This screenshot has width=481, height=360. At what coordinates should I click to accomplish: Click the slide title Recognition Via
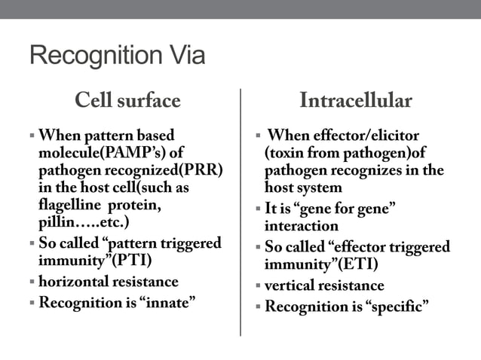click(117, 56)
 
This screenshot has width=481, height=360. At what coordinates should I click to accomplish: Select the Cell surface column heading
click(127, 100)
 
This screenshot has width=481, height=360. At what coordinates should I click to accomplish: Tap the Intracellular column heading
click(355, 100)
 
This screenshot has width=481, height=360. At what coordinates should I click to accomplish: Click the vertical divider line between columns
click(240, 211)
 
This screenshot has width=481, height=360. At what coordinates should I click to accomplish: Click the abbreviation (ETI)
click(354, 264)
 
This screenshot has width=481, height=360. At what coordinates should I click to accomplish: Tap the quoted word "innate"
click(168, 303)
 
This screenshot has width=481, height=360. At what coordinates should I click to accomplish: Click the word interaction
click(301, 225)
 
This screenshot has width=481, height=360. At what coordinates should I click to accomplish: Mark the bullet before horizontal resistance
click(32, 282)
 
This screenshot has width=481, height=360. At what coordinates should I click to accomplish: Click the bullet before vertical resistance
click(257, 286)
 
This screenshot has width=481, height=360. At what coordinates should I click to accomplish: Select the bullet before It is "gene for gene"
click(257, 209)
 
